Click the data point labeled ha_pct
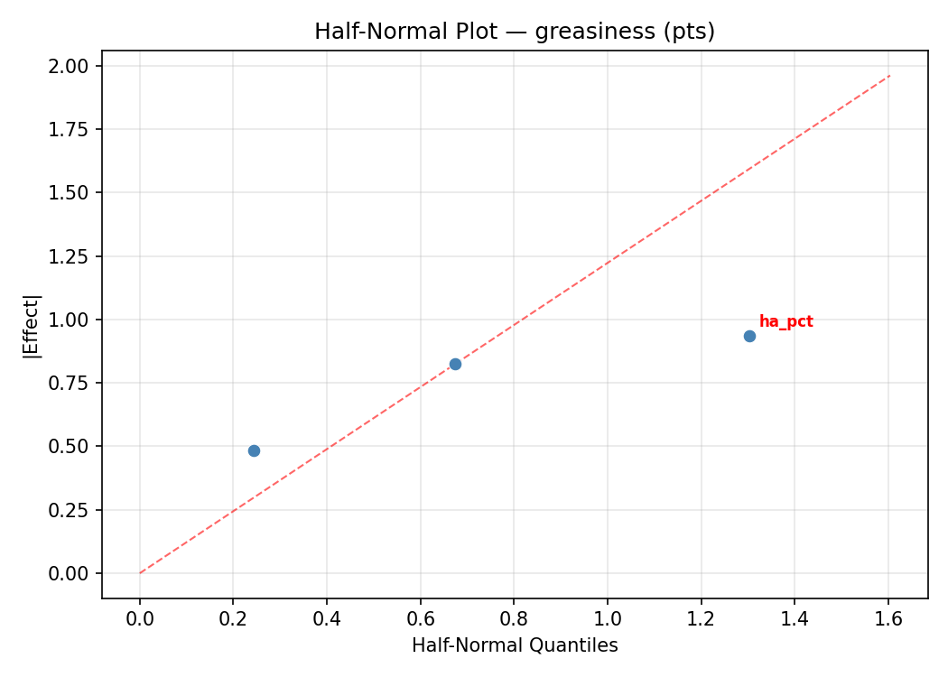coord(749,336)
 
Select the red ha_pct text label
coord(785,322)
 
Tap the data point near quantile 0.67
coord(455,364)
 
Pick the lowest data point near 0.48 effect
coord(254,450)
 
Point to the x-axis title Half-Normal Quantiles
coord(515,645)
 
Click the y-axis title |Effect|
coord(32,326)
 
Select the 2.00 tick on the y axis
coord(69,66)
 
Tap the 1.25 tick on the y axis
coord(69,256)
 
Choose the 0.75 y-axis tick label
coord(69,383)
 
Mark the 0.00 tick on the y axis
coord(69,573)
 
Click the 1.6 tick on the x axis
coord(888,618)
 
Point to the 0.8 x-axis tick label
coord(514,618)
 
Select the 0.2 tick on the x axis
coord(233,618)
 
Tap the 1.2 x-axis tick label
coord(701,618)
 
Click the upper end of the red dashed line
coord(889,76)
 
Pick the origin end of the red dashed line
coord(140,572)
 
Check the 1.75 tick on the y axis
coord(69,129)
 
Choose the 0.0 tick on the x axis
coord(140,618)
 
